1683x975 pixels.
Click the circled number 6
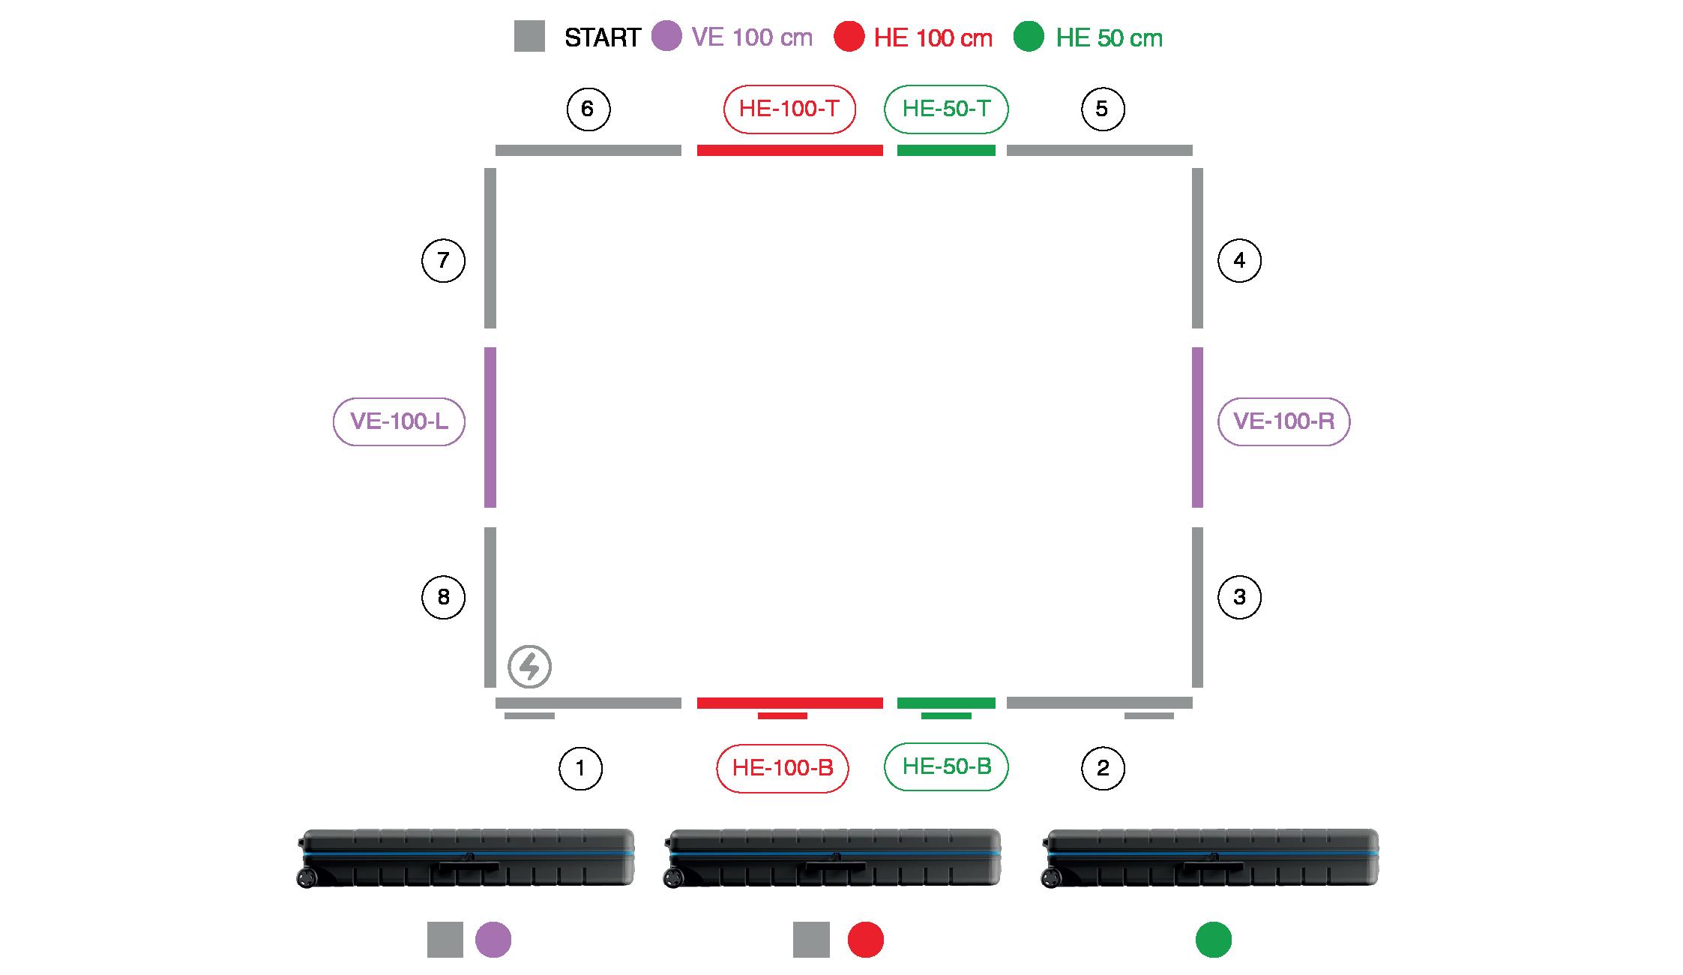[588, 109]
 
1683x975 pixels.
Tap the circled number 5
[1102, 109]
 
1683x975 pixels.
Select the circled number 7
[443, 260]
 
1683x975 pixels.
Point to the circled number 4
[1239, 260]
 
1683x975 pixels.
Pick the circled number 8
[443, 597]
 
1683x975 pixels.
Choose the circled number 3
[1239, 597]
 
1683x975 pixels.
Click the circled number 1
[580, 768]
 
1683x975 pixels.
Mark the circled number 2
[1103, 768]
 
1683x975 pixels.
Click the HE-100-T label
[789, 109]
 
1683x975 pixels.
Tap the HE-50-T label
[946, 109]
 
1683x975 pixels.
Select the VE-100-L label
[399, 421]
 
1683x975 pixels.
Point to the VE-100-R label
[1284, 421]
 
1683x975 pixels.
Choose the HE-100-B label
[783, 768]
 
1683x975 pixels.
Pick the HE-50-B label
[946, 766]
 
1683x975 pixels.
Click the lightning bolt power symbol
[529, 666]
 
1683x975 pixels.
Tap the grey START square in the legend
[529, 37]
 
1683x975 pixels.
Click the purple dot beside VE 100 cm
[666, 36]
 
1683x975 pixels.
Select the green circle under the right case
[1214, 940]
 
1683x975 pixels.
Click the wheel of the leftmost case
[306, 877]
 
